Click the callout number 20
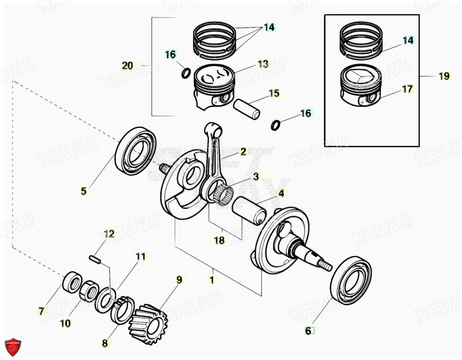click(128, 66)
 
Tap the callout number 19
click(444, 76)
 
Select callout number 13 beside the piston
click(263, 64)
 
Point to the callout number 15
click(274, 93)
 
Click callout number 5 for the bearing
click(84, 191)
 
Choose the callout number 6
click(308, 330)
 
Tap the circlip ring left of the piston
click(187, 73)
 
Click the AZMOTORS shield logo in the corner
click(13, 347)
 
